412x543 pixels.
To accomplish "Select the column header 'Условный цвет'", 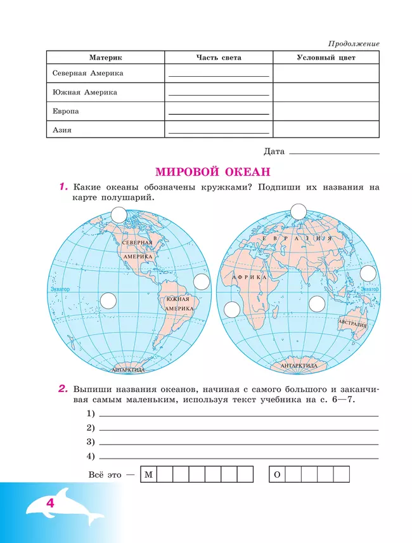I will [326, 58].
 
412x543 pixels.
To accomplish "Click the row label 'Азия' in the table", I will [62, 131].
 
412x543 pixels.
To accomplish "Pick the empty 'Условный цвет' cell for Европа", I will [326, 112].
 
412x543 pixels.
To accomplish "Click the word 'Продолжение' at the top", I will [354, 44].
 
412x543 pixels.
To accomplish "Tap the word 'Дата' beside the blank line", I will [274, 152].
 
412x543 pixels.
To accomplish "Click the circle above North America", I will [119, 215].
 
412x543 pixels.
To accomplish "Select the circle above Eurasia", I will [298, 211].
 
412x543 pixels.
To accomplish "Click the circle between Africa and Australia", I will [316, 304].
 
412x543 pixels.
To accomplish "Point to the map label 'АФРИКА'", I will [243, 278].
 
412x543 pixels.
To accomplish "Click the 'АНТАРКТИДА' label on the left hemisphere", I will [128, 369].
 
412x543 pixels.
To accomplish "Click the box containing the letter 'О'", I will [276, 474].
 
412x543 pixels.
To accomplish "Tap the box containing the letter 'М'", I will [148, 474].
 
